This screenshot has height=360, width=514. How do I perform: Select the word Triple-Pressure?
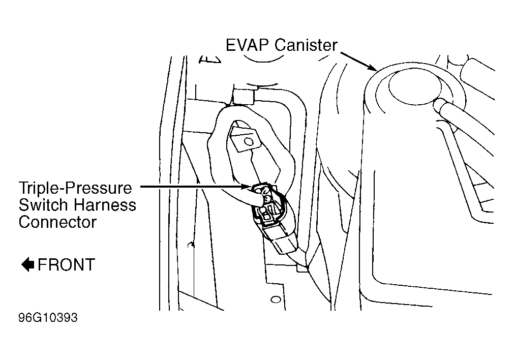[x=75, y=188]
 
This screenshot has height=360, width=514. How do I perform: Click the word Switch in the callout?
[x=43, y=205]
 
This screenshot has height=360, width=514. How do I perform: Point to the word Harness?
[x=105, y=205]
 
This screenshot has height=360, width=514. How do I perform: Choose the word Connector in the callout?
[x=57, y=222]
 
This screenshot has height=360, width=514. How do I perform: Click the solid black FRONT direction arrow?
[x=28, y=264]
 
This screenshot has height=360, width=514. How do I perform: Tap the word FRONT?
[x=67, y=264]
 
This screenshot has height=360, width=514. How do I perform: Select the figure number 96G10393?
[x=48, y=317]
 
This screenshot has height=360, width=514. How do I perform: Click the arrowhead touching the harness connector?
[x=248, y=187]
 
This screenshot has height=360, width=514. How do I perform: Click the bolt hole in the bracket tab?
[x=249, y=142]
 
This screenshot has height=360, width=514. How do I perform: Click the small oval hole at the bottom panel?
[x=276, y=299]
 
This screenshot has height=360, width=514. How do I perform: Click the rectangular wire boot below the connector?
[x=284, y=243]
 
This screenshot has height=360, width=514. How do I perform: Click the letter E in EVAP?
[x=231, y=45]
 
